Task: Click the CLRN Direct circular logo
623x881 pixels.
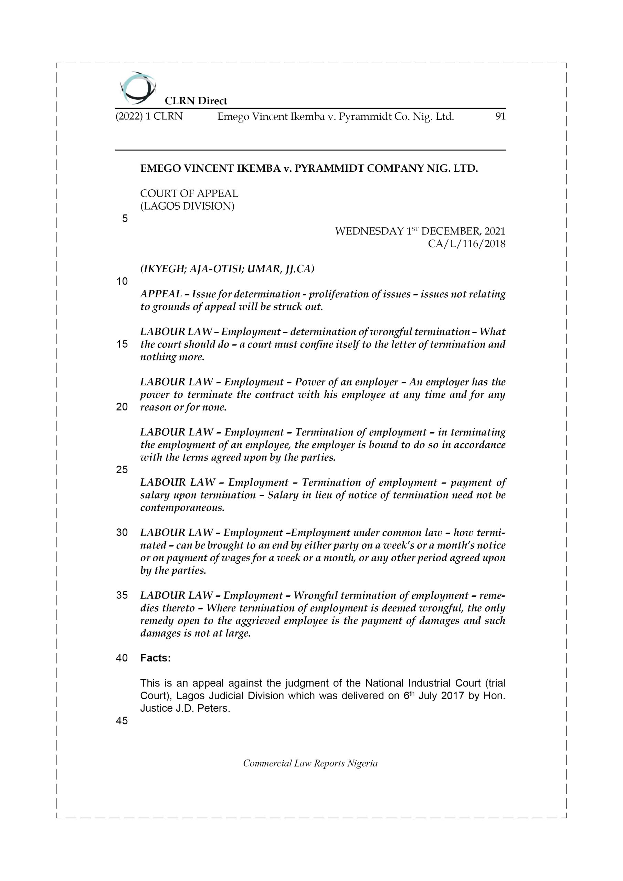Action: point(138,88)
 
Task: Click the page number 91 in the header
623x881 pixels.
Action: point(500,116)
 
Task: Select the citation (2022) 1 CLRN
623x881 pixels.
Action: point(149,116)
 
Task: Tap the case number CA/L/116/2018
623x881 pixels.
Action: point(466,244)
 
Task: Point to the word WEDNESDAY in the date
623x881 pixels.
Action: point(370,231)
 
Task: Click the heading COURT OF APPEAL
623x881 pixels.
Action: point(189,193)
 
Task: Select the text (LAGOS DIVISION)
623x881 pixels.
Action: point(187,206)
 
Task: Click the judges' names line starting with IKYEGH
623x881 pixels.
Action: point(227,269)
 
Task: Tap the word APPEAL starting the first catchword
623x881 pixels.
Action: point(161,294)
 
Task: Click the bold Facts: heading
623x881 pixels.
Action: point(156,658)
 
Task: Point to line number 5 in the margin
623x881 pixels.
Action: point(125,219)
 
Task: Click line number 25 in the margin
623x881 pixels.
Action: point(122,470)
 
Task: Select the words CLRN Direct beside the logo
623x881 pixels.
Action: point(196,101)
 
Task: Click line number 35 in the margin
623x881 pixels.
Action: point(122,595)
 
